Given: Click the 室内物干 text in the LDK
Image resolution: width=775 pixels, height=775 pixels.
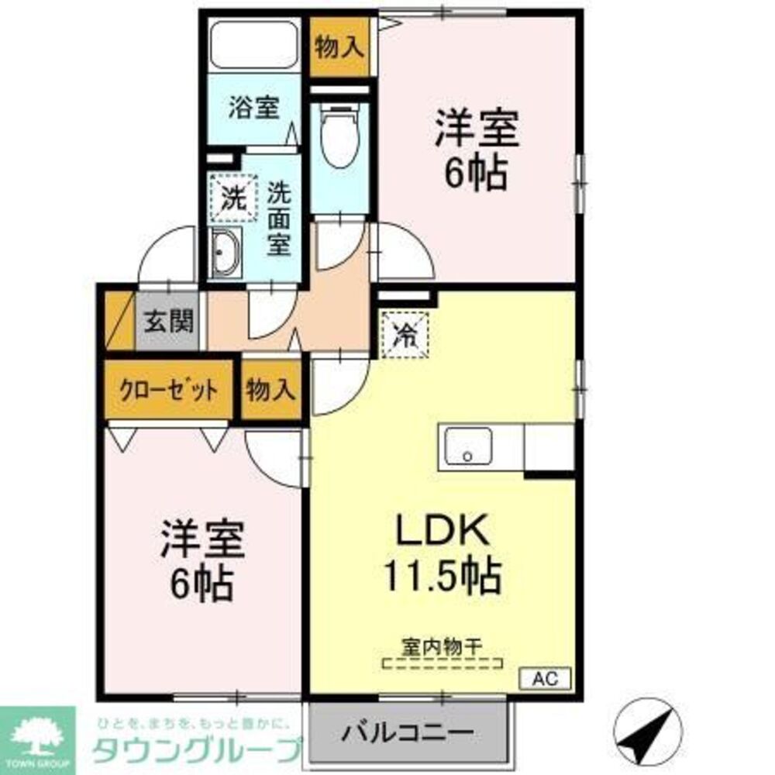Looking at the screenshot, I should [442, 646].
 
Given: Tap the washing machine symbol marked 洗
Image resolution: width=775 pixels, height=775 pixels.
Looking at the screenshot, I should [231, 198].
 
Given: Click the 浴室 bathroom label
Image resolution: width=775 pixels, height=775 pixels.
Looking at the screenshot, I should [253, 108].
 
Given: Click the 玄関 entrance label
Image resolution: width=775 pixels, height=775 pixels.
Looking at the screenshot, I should [169, 320].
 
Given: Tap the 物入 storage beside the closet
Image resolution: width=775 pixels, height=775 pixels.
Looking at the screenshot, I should [270, 390].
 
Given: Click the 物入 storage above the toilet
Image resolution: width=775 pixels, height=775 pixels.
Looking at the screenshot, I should [339, 47].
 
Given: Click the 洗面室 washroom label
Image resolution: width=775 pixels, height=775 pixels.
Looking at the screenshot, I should [278, 219].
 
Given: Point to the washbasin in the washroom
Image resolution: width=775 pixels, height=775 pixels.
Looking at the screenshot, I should [225, 253].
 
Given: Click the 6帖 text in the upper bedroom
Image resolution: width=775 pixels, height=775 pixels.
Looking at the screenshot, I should [475, 174].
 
